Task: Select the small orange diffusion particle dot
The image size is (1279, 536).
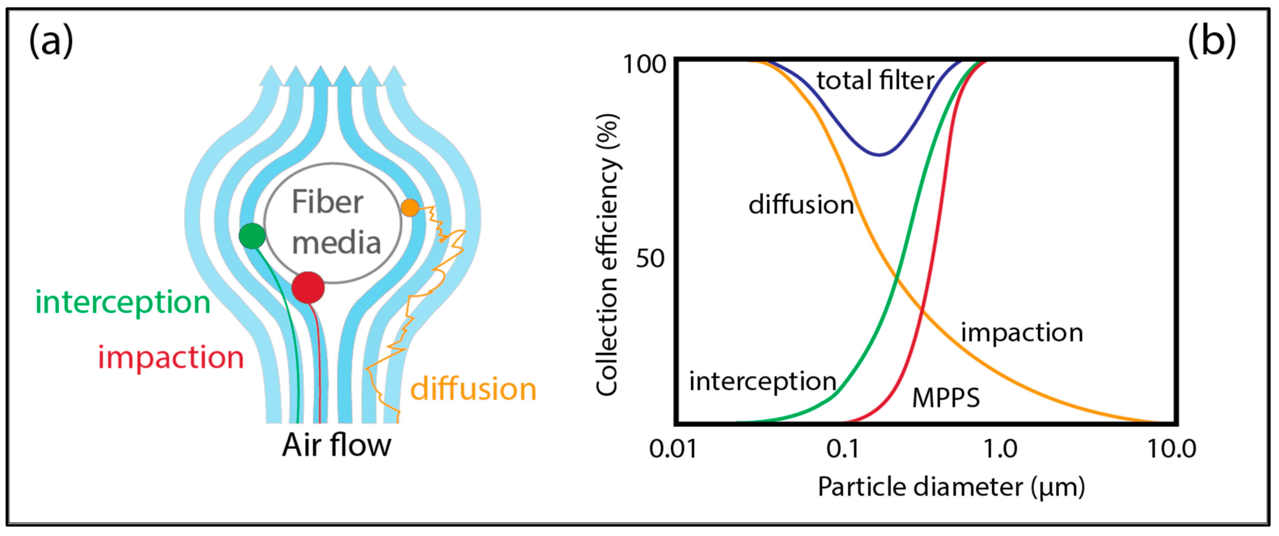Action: click(x=410, y=208)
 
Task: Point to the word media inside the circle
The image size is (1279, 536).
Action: click(x=336, y=243)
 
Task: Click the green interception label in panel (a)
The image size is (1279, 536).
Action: click(x=123, y=302)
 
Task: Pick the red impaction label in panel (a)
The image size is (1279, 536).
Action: click(x=170, y=358)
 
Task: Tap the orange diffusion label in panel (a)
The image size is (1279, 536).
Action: click(x=473, y=389)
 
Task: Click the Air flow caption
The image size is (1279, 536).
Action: click(x=336, y=445)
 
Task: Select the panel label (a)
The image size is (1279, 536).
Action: click(x=51, y=41)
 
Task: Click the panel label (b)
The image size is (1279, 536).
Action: click(x=1212, y=41)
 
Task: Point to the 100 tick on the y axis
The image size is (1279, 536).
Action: click(x=644, y=65)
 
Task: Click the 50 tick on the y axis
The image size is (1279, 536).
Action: click(x=650, y=259)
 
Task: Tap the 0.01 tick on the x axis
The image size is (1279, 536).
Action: click(x=673, y=449)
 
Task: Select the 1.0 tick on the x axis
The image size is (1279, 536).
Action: click(x=1000, y=449)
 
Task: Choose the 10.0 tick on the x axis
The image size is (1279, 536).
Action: click(x=1171, y=449)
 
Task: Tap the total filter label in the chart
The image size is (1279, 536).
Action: click(x=875, y=80)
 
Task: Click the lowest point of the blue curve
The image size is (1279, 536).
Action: click(x=879, y=154)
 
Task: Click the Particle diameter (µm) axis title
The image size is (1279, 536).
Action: click(x=951, y=487)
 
